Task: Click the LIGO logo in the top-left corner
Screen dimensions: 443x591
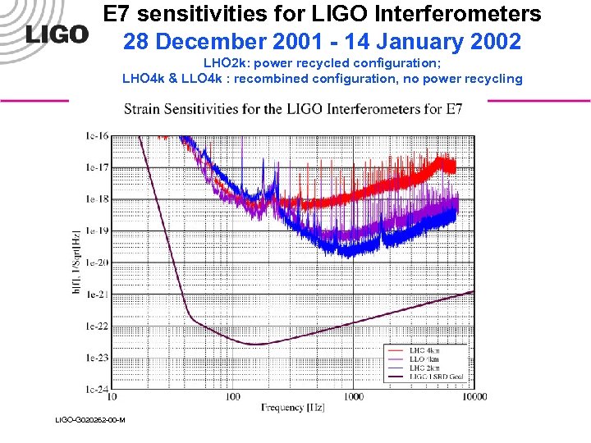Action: pos(57,34)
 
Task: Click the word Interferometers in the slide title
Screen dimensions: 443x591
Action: pos(448,14)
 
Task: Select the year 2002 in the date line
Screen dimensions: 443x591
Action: pos(490,41)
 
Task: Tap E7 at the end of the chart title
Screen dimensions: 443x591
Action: pos(454,108)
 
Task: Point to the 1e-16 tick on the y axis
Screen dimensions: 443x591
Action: pos(96,136)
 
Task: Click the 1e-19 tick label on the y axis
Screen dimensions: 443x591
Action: pos(96,231)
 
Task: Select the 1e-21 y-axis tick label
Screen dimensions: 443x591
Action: pos(96,295)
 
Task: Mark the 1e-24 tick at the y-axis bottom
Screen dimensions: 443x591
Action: pos(96,389)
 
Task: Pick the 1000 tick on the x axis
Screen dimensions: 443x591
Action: pos(354,397)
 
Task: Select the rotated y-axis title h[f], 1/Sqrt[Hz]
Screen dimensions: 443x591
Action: pos(76,263)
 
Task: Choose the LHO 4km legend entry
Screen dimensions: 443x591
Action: pos(424,350)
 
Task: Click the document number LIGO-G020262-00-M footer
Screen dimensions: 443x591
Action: pos(89,420)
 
